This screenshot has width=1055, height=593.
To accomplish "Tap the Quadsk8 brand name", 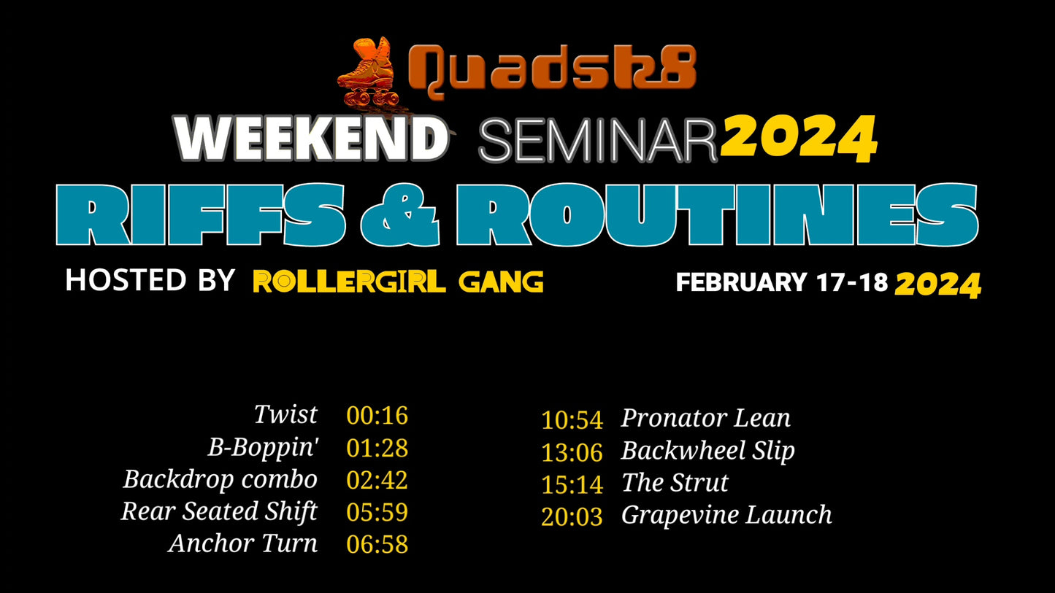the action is click(x=551, y=71).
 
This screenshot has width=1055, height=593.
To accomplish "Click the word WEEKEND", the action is click(x=311, y=139).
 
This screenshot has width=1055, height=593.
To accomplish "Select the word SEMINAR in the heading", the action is click(x=598, y=141).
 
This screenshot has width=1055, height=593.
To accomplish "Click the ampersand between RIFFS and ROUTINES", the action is click(x=400, y=215).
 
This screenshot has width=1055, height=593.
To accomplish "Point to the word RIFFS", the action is click(x=201, y=214).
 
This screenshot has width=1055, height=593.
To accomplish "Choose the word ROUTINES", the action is click(x=718, y=214).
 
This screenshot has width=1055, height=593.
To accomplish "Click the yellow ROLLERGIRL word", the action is click(x=349, y=282).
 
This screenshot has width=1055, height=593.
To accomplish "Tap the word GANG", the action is click(x=501, y=282).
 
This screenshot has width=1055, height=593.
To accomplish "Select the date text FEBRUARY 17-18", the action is click(x=782, y=282).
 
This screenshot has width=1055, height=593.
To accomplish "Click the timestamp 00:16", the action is click(x=377, y=416).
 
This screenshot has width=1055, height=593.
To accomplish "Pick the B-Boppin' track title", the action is click(x=264, y=447).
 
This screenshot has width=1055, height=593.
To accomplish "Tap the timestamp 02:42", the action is click(x=377, y=480).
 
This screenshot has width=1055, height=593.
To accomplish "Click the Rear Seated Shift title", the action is click(x=219, y=511).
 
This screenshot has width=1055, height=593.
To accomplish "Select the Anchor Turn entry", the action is click(x=243, y=543).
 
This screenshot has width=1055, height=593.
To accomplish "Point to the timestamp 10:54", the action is click(x=572, y=420).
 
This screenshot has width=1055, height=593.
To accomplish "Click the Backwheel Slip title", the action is click(x=708, y=451).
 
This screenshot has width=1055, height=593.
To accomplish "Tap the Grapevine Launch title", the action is click(x=726, y=515).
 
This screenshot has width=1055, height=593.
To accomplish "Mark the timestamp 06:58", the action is click(x=377, y=545).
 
